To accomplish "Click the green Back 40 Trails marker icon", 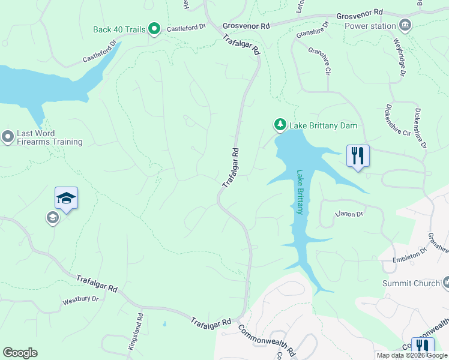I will (x=154, y=28).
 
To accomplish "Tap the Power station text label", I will (x=370, y=26).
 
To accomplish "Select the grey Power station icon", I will (x=406, y=25).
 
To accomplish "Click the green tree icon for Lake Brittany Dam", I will (x=280, y=124).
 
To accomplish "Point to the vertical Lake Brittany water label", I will (x=299, y=192).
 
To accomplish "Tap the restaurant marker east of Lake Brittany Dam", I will (x=358, y=157).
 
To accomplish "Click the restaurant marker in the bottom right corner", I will (x=423, y=347).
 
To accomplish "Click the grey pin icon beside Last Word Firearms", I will (x=8, y=137).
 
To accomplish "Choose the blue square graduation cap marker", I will (x=66, y=198).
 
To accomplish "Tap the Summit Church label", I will (x=411, y=283).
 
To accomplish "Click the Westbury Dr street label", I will (x=80, y=301).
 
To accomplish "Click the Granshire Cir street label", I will (x=319, y=61).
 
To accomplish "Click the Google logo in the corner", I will (x=20, y=353).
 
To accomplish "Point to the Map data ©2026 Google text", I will (x=412, y=355).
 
